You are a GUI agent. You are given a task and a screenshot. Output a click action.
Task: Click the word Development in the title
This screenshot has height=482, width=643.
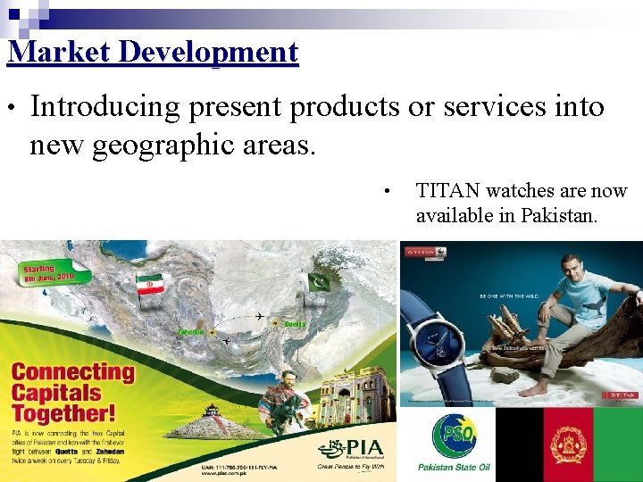pos(208,52)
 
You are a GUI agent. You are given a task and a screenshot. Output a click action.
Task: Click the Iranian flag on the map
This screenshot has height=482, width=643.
pos(149,283)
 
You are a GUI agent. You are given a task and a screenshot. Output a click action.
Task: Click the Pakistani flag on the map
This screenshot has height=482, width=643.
pos(318,281)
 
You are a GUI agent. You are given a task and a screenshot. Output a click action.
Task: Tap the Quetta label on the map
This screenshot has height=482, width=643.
pos(295,323)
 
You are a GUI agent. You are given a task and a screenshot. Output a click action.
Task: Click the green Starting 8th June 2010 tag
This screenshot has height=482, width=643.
pos(48,273)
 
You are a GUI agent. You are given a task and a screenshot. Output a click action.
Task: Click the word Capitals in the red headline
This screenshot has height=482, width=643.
pos(55,393)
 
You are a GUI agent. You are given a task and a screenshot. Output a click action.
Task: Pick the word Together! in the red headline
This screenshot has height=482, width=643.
pos(63,413)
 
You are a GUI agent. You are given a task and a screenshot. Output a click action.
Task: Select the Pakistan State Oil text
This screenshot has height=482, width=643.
pos(454,467)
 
